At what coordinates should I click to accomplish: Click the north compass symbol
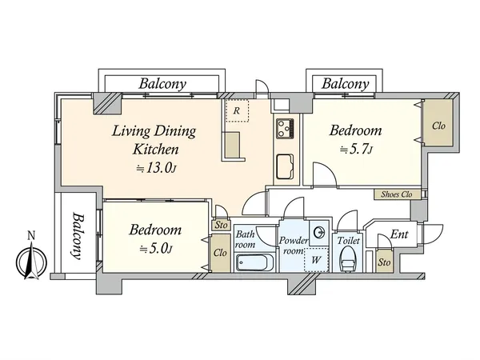[x=31, y=261]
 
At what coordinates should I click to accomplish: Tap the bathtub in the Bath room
[x=255, y=262]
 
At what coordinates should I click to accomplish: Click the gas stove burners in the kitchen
[x=285, y=128]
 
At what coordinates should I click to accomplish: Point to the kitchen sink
[x=285, y=166]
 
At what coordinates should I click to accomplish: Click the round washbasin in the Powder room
[x=319, y=232]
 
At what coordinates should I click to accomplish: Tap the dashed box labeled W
[x=317, y=260]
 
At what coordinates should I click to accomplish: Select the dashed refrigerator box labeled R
[x=237, y=110]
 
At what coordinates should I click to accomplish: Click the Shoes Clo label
[x=397, y=194]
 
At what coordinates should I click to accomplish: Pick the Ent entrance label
[x=399, y=234]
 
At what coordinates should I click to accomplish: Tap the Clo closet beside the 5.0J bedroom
[x=221, y=253]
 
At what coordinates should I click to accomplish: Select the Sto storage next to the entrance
[x=384, y=262]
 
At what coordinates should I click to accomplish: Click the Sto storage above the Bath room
[x=221, y=225]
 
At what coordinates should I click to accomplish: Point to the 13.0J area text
[x=156, y=168]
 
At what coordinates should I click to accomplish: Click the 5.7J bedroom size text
[x=356, y=150]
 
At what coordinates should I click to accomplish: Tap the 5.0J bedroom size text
[x=156, y=249]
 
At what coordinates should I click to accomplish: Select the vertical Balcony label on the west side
[x=78, y=235]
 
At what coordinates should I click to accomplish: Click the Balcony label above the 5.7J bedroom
[x=345, y=83]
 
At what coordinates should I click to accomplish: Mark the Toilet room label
[x=348, y=241]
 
